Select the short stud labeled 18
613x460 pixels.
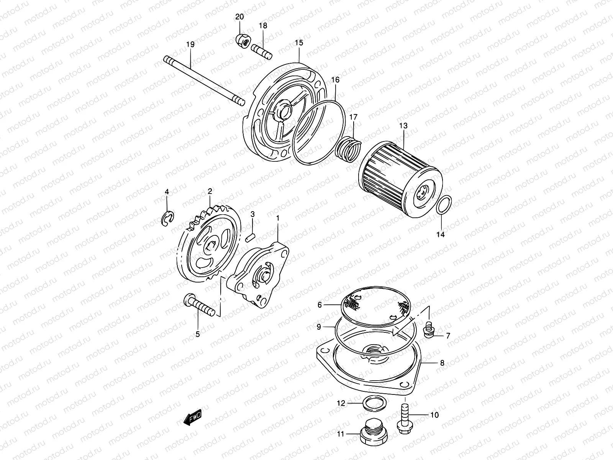(x=261, y=51)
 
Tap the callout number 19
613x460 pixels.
(x=190, y=44)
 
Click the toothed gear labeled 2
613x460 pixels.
(x=209, y=245)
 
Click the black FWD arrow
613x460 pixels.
(x=192, y=419)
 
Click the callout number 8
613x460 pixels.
(x=442, y=363)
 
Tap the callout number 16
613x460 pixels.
(x=335, y=80)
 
